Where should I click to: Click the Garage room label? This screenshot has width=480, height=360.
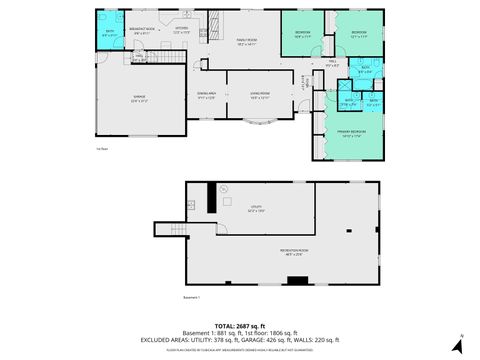click(139, 98)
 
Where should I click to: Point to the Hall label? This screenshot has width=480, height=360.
click(332, 63)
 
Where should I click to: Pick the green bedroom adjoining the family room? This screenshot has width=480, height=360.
click(303, 35)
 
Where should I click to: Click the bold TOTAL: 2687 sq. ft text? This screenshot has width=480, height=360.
click(240, 324)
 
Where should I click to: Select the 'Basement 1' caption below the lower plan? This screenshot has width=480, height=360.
click(192, 297)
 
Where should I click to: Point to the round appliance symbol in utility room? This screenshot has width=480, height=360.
click(224, 190)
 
